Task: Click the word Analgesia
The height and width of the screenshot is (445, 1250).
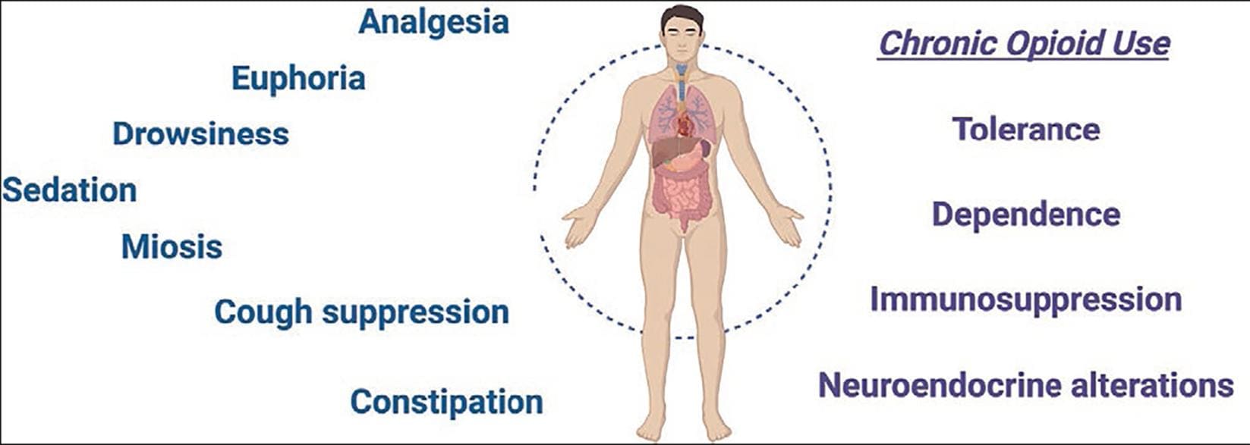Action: click(x=433, y=22)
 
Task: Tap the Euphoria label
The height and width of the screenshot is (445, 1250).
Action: click(x=298, y=79)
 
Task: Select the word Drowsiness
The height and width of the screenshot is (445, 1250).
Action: click(x=200, y=134)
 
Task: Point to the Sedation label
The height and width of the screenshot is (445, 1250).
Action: click(x=69, y=190)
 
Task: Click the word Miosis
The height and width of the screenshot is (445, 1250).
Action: click(x=172, y=247)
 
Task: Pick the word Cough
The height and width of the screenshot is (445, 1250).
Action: click(x=263, y=312)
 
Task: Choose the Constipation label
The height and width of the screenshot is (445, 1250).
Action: click(x=446, y=402)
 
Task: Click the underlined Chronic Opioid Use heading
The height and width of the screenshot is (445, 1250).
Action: click(x=1023, y=43)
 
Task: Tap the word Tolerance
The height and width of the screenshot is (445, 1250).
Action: click(x=1025, y=129)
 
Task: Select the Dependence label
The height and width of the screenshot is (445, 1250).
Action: click(x=1025, y=214)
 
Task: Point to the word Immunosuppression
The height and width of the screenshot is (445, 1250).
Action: click(x=1025, y=299)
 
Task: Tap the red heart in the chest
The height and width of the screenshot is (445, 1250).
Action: click(x=685, y=124)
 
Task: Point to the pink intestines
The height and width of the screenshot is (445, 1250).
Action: click(x=682, y=193)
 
